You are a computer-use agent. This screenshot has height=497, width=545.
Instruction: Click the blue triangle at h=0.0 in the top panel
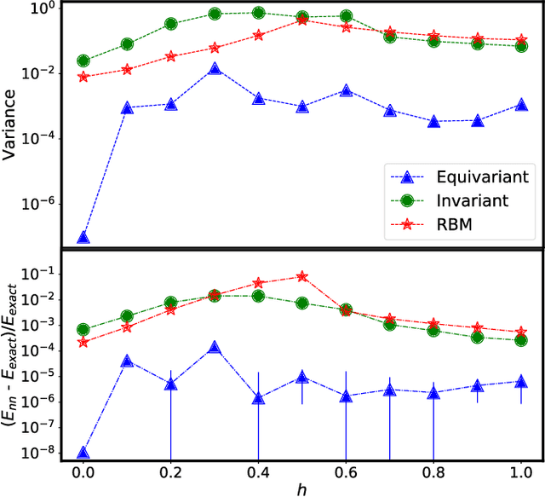83,237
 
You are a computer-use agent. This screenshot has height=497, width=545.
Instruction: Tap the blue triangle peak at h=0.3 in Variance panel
215,68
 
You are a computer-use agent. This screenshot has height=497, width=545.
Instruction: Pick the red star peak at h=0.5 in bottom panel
302,276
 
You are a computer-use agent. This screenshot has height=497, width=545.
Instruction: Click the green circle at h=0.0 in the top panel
83,61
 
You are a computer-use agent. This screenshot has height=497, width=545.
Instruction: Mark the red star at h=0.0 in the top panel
83,77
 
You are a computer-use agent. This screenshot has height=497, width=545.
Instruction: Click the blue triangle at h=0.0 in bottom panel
83,453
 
